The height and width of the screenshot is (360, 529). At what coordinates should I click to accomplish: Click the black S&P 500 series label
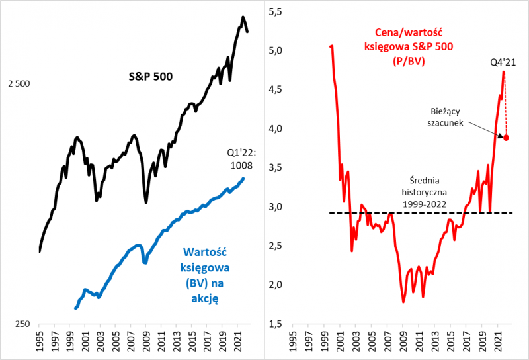click(x=150, y=77)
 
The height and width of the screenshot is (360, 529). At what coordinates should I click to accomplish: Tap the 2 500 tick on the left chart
click(x=19, y=84)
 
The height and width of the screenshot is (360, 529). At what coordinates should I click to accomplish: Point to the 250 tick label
click(x=22, y=324)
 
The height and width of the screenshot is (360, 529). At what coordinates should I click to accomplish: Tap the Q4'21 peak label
click(x=503, y=62)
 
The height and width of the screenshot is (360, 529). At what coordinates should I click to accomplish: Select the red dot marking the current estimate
click(x=507, y=138)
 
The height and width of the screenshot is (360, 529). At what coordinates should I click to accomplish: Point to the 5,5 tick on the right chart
click(x=274, y=11)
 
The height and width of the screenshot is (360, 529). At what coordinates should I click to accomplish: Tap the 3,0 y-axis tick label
click(x=274, y=206)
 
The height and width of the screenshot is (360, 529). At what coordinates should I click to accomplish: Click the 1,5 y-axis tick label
click(x=274, y=324)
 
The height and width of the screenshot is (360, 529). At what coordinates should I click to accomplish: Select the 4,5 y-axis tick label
click(x=274, y=89)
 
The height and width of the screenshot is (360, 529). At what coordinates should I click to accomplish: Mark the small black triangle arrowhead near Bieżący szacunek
click(x=499, y=134)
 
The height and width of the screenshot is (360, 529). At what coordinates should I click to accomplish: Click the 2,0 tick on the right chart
click(x=274, y=285)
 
